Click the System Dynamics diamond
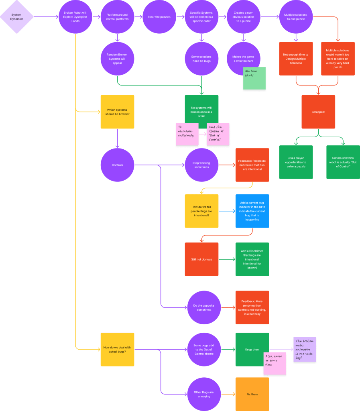coord(17,17)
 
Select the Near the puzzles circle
coord(159,17)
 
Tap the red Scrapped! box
coord(318,112)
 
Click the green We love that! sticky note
coord(254,78)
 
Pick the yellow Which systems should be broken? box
coord(117,112)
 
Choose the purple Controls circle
coord(117,165)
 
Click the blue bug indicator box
coord(252,211)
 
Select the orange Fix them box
coord(252,394)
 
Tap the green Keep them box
coord(252,349)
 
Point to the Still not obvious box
coord(201,259)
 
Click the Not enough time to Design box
coord(296,59)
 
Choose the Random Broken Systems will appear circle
coord(117,59)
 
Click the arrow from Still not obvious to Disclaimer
coord(227,259)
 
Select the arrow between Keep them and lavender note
coord(281,349)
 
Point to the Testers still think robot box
coord(343,162)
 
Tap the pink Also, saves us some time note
coord(275,364)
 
